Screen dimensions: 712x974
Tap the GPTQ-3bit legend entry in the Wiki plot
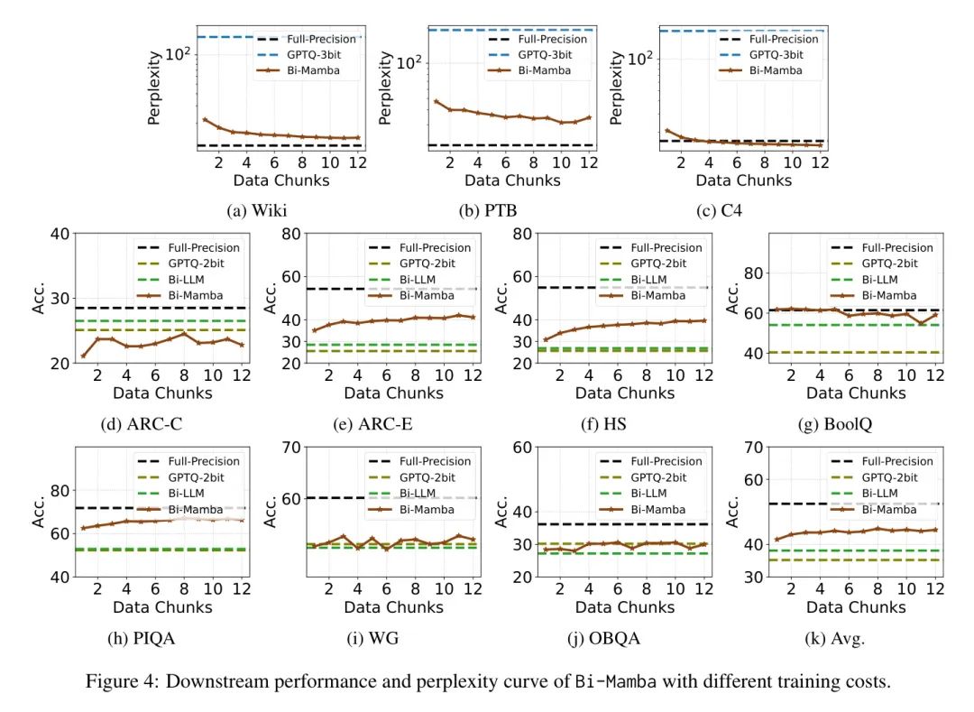308,55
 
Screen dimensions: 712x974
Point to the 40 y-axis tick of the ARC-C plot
60,234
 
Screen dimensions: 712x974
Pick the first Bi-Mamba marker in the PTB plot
436,101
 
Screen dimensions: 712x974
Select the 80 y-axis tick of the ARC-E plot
290,234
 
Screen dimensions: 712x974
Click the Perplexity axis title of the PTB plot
385,88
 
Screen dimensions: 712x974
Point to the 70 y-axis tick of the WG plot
290,447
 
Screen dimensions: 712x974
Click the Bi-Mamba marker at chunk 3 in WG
343,536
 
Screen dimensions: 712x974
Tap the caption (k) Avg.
834,639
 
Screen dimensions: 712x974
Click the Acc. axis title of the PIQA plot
41,510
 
